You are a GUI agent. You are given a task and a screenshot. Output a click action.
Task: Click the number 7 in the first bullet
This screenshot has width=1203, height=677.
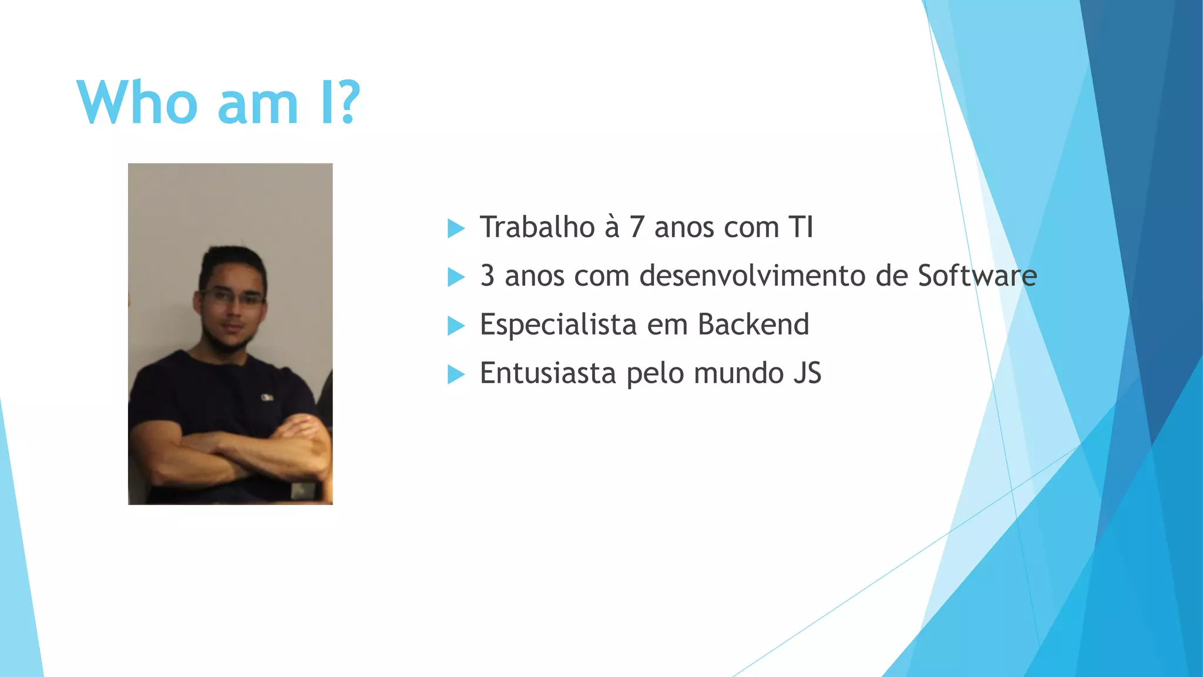(637, 227)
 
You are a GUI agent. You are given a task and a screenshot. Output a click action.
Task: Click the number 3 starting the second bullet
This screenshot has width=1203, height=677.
(487, 276)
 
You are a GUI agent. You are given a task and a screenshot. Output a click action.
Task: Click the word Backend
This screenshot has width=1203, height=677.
(753, 324)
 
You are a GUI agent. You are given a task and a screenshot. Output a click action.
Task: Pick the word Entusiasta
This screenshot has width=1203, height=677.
(547, 373)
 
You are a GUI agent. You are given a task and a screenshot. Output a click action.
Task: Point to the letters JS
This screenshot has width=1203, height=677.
(807, 373)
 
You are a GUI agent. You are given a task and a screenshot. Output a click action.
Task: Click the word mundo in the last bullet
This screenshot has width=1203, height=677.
(738, 373)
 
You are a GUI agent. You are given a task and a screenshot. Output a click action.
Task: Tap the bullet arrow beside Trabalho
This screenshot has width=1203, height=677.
(456, 228)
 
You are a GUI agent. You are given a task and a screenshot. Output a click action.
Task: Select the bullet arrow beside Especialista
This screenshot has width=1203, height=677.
(456, 326)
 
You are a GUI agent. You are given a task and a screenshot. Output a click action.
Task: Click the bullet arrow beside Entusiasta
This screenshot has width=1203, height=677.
(456, 374)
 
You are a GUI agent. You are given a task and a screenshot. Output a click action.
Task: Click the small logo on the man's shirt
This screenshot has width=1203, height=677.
(267, 398)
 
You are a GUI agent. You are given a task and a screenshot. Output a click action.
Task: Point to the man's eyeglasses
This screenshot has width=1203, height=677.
(233, 297)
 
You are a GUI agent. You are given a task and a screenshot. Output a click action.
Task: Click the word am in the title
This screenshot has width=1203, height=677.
(258, 105)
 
